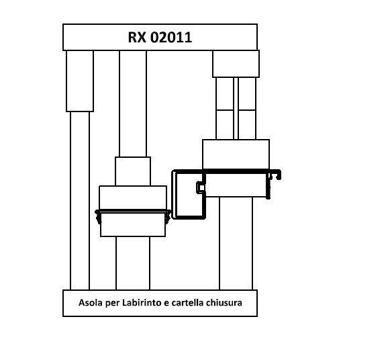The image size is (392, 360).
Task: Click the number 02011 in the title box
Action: [x=171, y=38]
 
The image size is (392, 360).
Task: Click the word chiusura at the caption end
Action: [x=224, y=303]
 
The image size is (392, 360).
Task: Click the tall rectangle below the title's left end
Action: [x=80, y=81]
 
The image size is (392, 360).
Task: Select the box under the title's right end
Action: [x=236, y=64]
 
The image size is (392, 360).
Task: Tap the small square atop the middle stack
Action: [x=133, y=171]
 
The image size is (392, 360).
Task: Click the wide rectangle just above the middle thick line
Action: [x=133, y=198]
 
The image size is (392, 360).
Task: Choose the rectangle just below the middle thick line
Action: [x=133, y=224]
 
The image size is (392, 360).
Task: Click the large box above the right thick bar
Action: [x=236, y=154]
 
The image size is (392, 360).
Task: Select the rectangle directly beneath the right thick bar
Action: [x=236, y=185]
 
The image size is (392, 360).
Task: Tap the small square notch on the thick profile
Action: [x=201, y=187]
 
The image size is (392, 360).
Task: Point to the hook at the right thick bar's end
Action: [x=275, y=175]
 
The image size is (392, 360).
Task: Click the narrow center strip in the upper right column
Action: [x=236, y=108]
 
